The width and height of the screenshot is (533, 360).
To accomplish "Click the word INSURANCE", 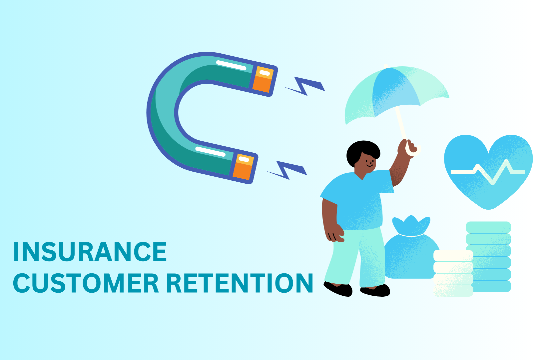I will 90,252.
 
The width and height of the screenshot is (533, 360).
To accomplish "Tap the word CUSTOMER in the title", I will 86,284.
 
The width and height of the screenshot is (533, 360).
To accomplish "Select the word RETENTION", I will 239,284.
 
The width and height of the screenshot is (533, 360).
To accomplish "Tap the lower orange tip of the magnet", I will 244,167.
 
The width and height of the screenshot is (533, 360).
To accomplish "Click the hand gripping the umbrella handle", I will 408,147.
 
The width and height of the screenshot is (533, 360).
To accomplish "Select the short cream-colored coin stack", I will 453,273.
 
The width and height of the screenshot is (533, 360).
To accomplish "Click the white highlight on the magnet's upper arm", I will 231,65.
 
